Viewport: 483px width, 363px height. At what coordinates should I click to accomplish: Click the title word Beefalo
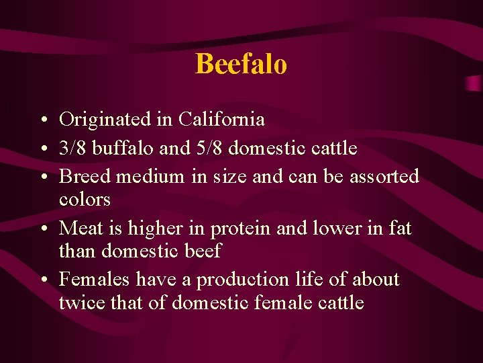coord(241,65)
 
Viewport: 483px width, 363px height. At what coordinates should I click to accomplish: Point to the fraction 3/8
coord(72,148)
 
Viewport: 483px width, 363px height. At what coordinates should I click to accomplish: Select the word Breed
coord(85,177)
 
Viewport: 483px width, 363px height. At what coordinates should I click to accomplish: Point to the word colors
coord(85,200)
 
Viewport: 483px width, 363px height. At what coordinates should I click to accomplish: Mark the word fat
coord(399,229)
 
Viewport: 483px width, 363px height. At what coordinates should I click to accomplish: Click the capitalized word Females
coord(95,280)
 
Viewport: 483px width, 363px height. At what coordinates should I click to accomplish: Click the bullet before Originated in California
coord(42,121)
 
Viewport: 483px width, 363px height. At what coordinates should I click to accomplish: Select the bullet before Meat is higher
coord(42,230)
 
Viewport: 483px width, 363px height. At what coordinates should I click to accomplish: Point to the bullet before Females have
coord(42,281)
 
